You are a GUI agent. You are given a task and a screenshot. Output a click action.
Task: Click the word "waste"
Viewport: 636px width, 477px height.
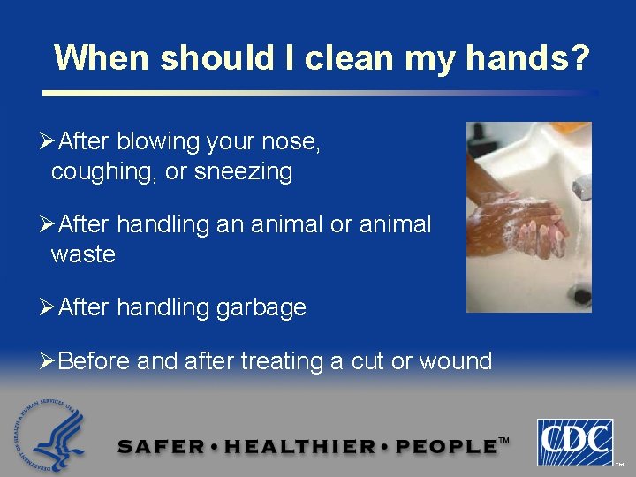83,254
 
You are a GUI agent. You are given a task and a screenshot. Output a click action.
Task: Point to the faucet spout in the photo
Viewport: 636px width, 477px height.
580,187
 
